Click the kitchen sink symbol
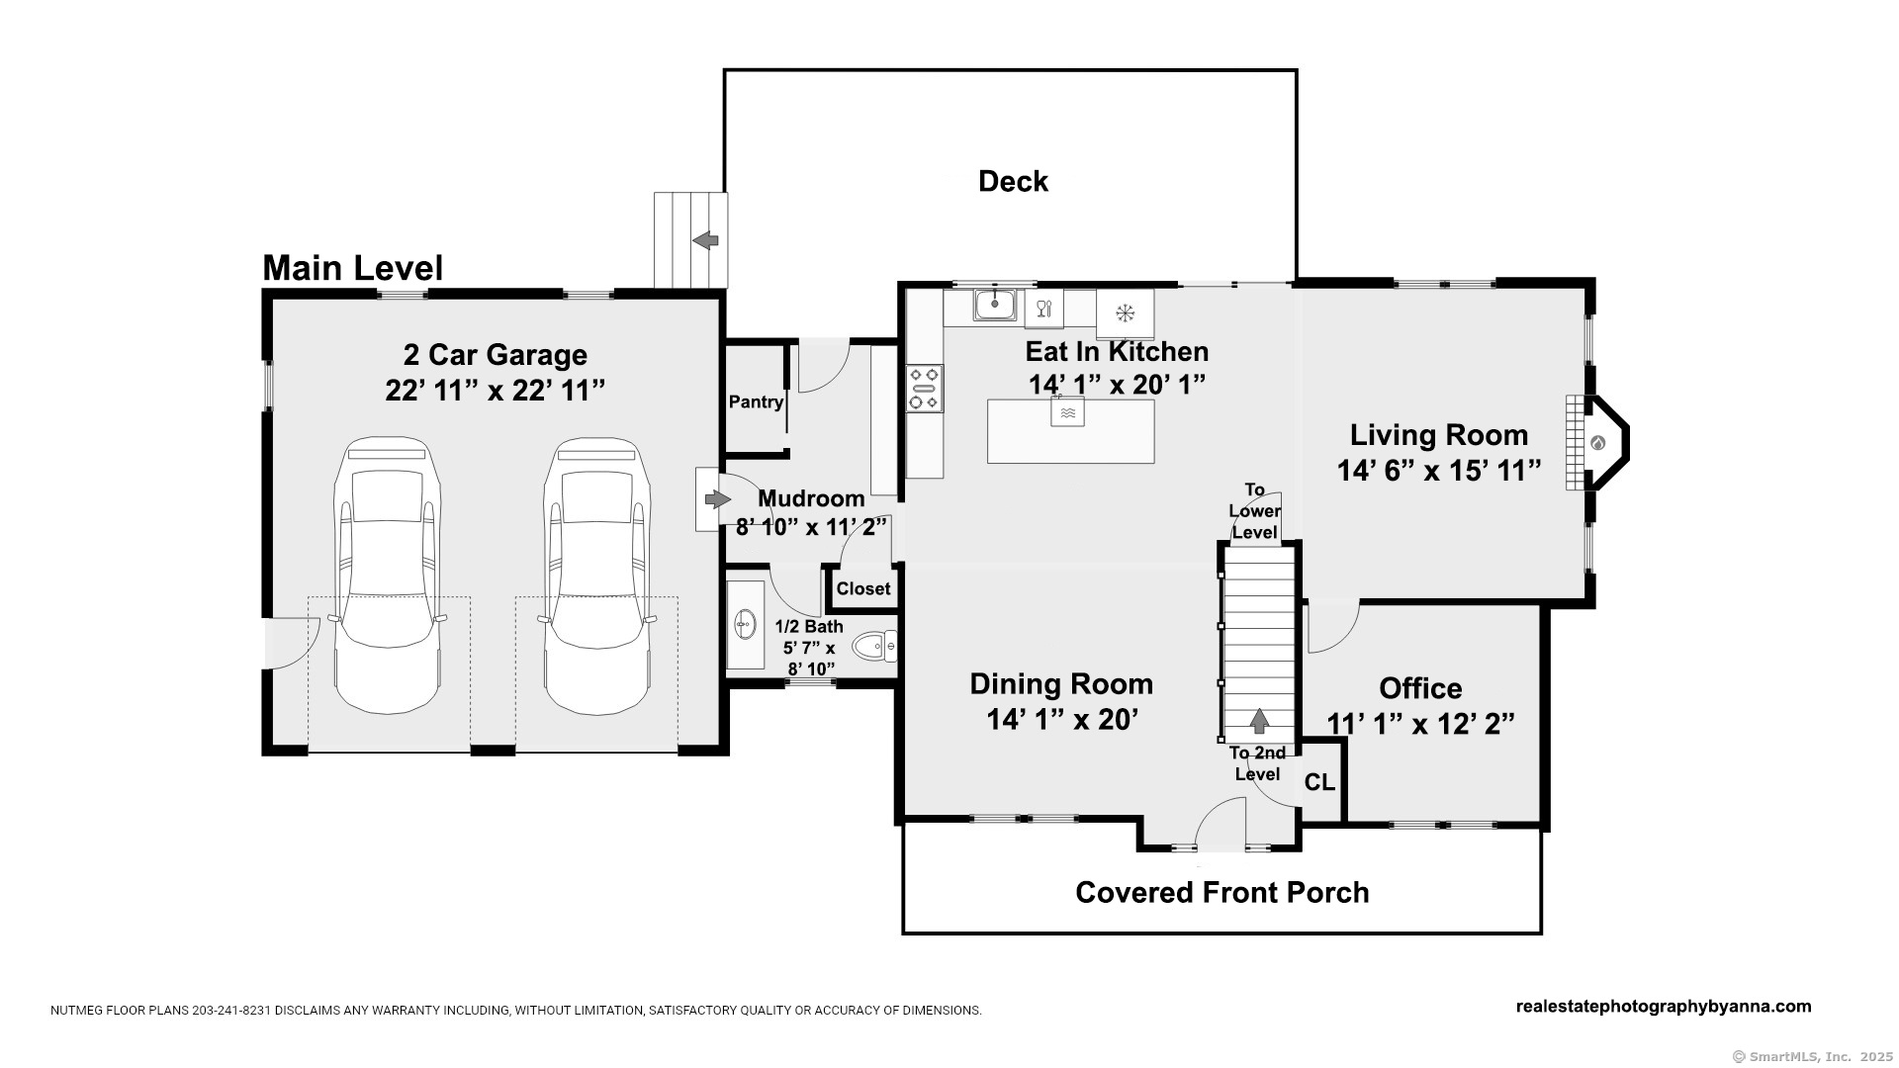pos(995,305)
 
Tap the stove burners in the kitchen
pos(925,389)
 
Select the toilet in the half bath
pos(874,647)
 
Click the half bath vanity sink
pos(745,624)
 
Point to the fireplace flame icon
pos(1597,443)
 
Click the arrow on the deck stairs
pos(705,240)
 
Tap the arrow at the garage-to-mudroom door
pos(717,499)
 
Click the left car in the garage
pos(388,576)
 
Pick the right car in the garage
pos(596,576)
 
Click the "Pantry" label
pos(757,401)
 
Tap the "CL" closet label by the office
pos(1319,783)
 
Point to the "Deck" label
pos(1013,181)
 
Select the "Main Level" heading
pos(352,268)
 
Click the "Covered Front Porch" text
pos(1222,892)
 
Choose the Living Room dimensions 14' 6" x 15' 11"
pos(1439,471)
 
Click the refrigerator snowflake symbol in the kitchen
pos(1125,313)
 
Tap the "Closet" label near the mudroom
pos(863,588)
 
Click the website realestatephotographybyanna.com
pos(1664,1007)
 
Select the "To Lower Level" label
pos(1255,511)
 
